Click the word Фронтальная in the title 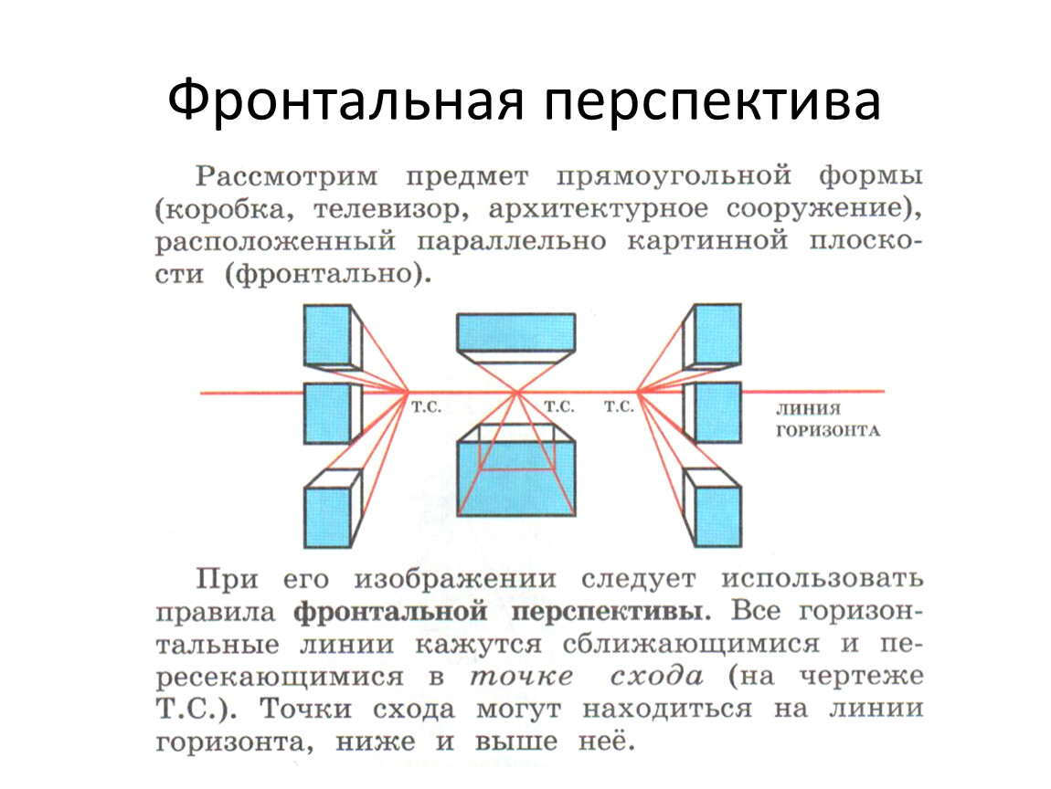[345, 101]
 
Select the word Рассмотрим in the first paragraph [287, 176]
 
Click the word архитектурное [598, 209]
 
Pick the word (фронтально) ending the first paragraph [327, 274]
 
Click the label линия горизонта [828, 419]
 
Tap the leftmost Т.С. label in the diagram [426, 406]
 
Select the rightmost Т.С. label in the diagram [619, 406]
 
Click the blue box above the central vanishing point [515, 332]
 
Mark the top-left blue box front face [327, 335]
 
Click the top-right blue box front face [717, 333]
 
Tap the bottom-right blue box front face [717, 516]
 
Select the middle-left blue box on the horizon [327, 414]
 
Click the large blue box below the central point [516, 478]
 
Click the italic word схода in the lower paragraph [656, 677]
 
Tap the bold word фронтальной [390, 612]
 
